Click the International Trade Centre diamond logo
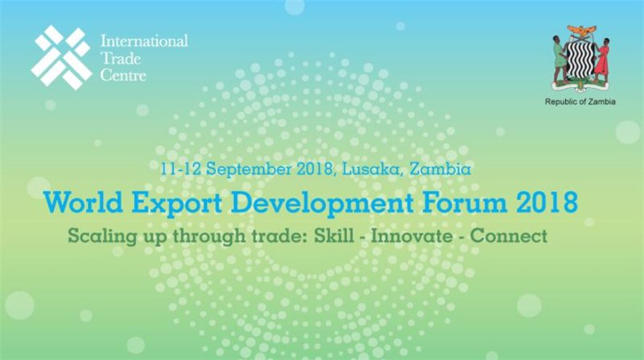[62, 57]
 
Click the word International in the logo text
[144, 41]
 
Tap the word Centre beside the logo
[123, 75]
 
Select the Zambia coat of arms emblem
[580, 59]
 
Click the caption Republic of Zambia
[580, 101]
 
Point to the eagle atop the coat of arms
[581, 31]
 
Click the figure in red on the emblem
[602, 61]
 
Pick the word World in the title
[84, 202]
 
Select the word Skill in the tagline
[334, 236]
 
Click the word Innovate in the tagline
[412, 236]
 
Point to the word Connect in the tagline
[509, 236]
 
